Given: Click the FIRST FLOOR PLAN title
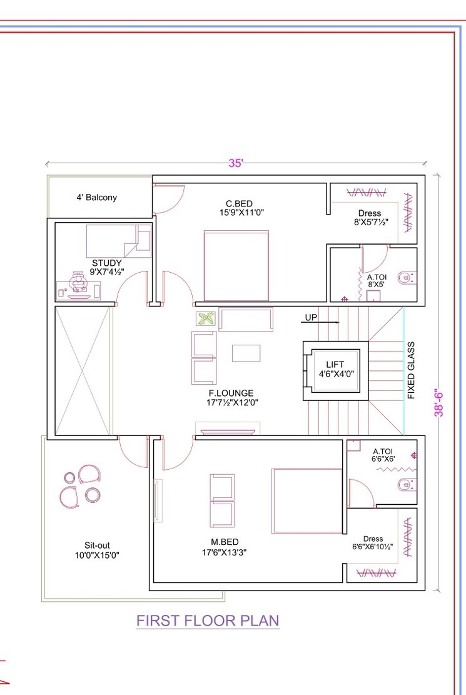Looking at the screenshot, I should point(208,621).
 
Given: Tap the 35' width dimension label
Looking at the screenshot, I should point(235,163).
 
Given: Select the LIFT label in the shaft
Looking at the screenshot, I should point(335,365).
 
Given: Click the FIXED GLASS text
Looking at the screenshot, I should point(411,370).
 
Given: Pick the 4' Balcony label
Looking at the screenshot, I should point(97,197).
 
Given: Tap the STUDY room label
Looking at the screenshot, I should point(107,263).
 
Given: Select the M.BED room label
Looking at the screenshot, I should point(225,542).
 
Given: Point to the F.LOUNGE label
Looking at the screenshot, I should point(231,393).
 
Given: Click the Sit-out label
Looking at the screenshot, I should point(97,545).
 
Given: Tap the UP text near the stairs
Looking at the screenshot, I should point(311,318).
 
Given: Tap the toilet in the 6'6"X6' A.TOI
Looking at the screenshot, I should point(406,484).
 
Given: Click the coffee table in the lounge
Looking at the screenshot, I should point(246,353).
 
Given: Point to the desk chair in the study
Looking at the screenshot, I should point(79,282).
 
